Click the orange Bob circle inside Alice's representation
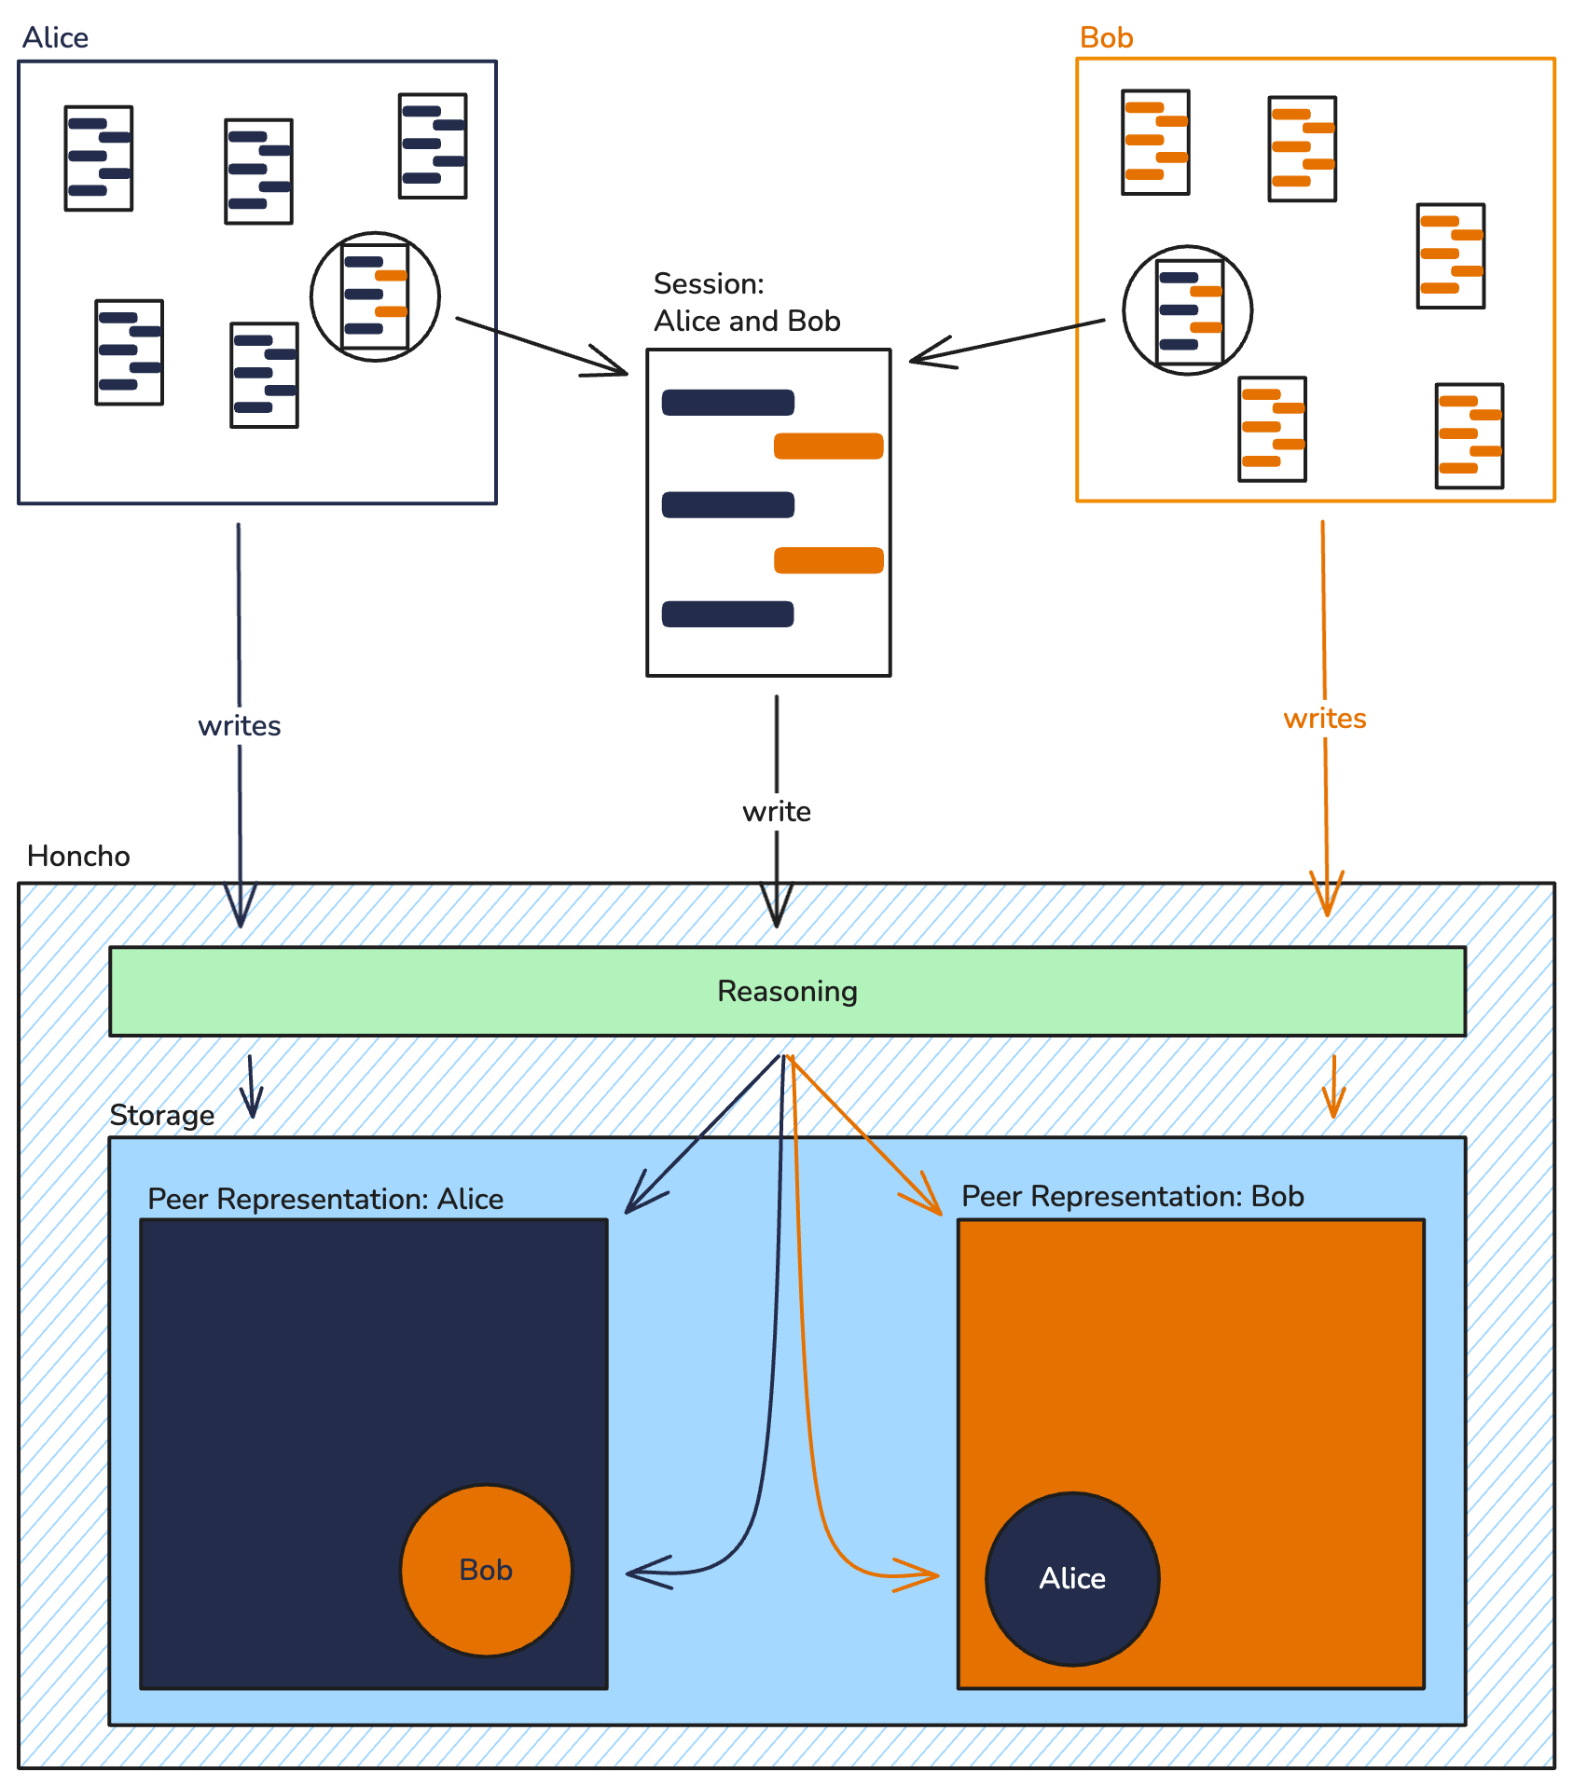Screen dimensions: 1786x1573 [x=486, y=1570]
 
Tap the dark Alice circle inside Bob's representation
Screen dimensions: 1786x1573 [x=1072, y=1578]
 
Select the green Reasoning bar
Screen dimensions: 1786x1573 [x=787, y=991]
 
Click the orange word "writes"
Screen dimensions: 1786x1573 [x=1324, y=719]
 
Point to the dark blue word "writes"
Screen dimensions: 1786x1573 [x=240, y=726]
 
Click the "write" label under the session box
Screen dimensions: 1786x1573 [x=776, y=812]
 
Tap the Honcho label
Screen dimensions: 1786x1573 [x=78, y=856]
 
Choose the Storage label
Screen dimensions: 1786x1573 [x=161, y=1115]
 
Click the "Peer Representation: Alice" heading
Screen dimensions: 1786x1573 [x=325, y=1199]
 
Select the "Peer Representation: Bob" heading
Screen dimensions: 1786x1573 [x=1132, y=1196]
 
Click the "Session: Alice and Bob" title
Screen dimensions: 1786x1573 [x=746, y=302]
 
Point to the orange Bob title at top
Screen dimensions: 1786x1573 [x=1106, y=37]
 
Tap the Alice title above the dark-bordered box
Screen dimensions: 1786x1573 [x=55, y=37]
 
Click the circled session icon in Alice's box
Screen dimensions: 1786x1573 [x=375, y=296]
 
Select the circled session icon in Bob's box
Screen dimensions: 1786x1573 [x=1188, y=310]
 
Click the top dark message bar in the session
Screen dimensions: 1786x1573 [x=727, y=403]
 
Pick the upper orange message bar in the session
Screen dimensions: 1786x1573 [x=828, y=446]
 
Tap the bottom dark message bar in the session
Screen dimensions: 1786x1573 [x=727, y=614]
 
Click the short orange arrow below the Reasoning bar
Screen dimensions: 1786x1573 [x=1333, y=1087]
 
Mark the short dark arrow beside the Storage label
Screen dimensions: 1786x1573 [x=251, y=1087]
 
